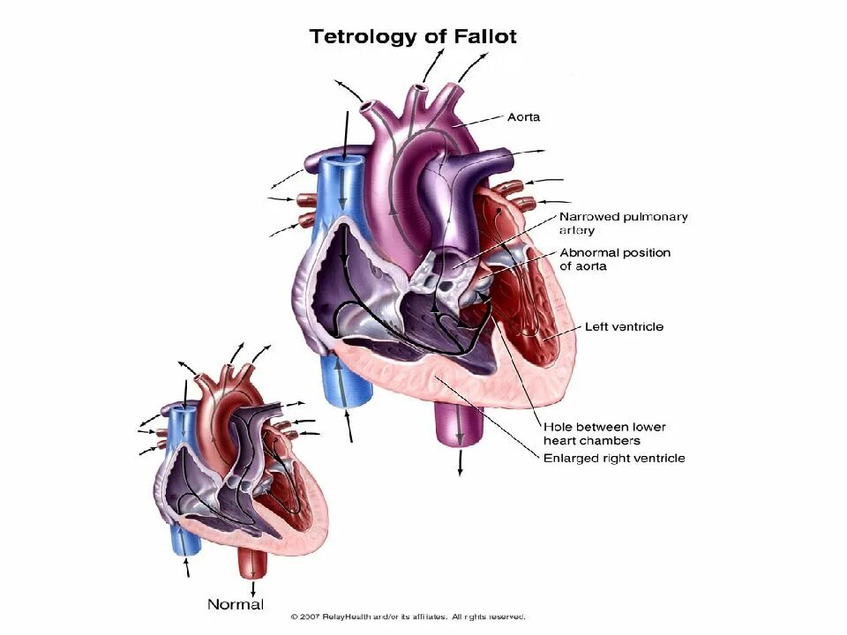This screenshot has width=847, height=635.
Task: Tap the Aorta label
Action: tap(523, 116)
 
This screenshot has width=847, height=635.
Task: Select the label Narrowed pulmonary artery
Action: tap(623, 223)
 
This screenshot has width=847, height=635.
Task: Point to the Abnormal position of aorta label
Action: tap(614, 259)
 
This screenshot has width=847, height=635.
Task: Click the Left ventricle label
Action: tap(624, 326)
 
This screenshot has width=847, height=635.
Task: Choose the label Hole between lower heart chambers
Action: tap(604, 433)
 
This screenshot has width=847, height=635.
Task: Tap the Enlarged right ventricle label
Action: tap(614, 458)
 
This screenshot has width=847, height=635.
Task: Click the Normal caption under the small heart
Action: tap(236, 604)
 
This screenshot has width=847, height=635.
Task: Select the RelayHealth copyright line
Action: tap(409, 616)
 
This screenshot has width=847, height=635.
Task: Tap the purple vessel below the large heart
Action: tap(459, 423)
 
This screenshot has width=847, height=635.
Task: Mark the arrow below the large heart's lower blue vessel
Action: tap(350, 427)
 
